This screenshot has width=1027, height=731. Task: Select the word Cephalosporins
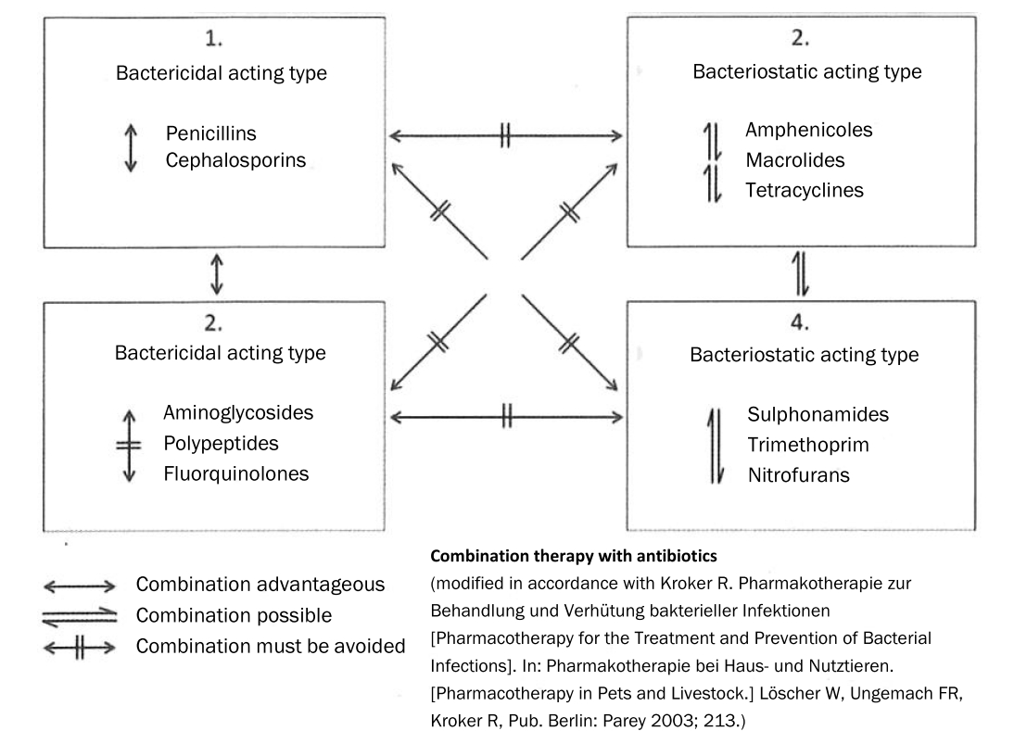click(x=236, y=160)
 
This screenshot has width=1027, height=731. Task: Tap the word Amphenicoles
click(x=809, y=131)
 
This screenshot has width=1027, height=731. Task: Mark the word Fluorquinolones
click(x=237, y=473)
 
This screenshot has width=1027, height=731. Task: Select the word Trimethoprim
click(x=807, y=445)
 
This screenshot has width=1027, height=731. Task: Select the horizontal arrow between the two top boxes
click(x=505, y=137)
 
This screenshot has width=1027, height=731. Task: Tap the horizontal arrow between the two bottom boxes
click(x=505, y=418)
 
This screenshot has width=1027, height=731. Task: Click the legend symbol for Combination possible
click(x=80, y=614)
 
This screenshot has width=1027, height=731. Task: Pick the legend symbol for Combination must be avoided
click(x=80, y=645)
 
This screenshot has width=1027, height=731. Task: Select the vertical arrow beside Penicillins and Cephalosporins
click(x=131, y=147)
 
